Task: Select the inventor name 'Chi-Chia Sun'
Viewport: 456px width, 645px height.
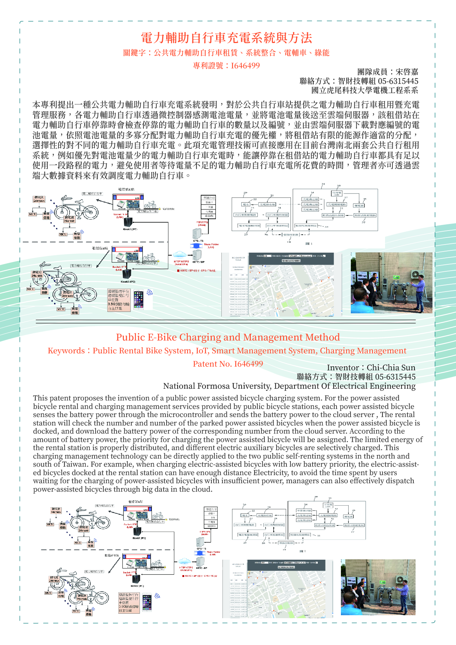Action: coord(391,368)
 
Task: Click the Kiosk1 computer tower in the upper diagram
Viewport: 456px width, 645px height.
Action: coord(128,222)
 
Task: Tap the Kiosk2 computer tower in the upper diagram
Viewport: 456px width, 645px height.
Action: coord(127,274)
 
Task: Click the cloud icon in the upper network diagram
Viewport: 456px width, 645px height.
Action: coord(179,254)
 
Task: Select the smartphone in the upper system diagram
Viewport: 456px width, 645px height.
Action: coord(138,300)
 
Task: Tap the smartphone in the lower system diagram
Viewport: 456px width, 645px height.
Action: coord(147,603)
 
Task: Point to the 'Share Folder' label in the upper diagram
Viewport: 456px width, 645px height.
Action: coord(211,245)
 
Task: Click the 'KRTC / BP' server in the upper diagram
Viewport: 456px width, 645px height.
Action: coord(197,254)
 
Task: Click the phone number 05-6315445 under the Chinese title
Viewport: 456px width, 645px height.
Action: coord(398,81)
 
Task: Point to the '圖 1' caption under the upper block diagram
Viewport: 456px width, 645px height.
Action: coord(309,243)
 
